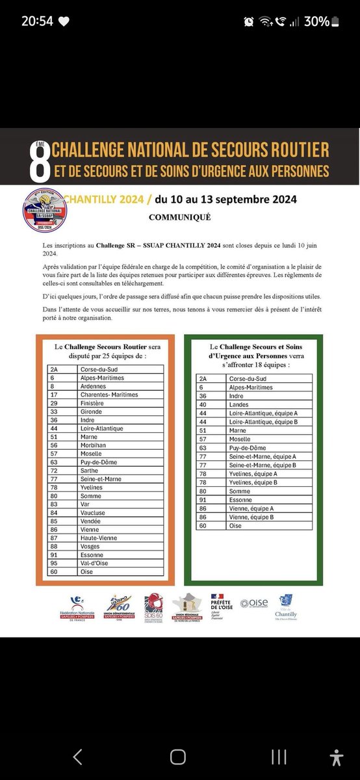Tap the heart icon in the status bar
coord(64,21)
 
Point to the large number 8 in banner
coord(40,161)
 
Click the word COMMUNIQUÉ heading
coord(180,218)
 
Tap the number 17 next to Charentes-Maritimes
coord(55,395)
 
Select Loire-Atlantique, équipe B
coord(257,421)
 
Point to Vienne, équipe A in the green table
coord(257,508)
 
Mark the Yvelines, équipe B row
coord(257,482)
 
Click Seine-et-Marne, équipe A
coord(257,456)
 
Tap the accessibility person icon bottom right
coord(336,757)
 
